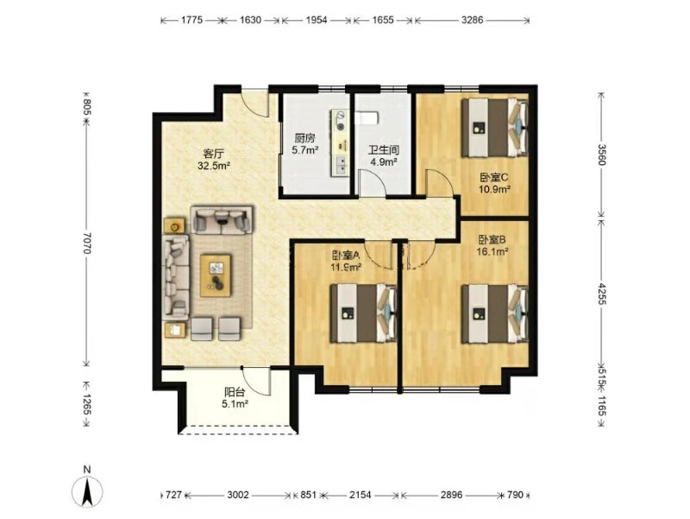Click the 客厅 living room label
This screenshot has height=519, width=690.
tap(214, 154)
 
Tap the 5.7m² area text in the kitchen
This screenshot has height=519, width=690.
tap(305, 149)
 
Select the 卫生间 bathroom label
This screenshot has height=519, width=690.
tap(383, 150)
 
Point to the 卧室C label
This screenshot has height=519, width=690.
tap(493, 178)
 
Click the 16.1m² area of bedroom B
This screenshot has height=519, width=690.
tap(492, 251)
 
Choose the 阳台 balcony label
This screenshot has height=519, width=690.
tap(235, 392)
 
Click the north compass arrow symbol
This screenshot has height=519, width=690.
tap(87, 490)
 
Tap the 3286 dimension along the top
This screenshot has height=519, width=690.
tap(472, 20)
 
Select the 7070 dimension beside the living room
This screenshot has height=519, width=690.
tap(86, 243)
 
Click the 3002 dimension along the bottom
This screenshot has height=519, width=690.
tap(238, 495)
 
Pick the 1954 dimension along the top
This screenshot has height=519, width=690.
tap(316, 20)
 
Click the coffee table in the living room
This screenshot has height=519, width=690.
tap(216, 275)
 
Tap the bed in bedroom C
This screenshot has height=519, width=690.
tap(494, 128)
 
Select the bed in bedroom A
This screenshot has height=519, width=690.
tap(363, 313)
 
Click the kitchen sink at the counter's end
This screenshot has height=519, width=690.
tap(341, 165)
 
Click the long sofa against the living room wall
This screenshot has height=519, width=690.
tap(177, 277)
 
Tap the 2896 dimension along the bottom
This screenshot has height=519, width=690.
tap(451, 495)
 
